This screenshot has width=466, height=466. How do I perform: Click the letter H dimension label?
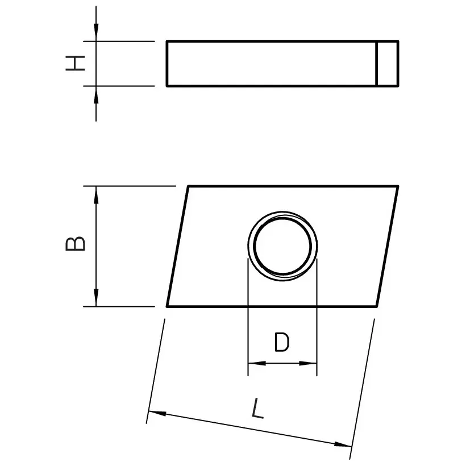click(75, 63)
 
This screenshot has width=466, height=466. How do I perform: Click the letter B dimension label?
click(76, 243)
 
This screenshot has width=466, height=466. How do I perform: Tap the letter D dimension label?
click(281, 343)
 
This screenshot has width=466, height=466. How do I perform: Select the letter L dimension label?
click(258, 409)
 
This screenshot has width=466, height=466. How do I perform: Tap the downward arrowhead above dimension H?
click(97, 34)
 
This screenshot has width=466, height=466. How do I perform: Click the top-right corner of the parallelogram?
click(397, 186)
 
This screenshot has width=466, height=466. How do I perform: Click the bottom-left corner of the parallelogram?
click(167, 306)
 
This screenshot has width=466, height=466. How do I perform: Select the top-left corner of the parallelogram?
click(188, 186)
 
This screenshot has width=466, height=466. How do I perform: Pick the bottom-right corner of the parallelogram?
click(377, 306)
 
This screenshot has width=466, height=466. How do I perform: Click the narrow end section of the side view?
click(388, 64)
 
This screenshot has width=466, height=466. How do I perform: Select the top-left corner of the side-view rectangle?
click(167, 41)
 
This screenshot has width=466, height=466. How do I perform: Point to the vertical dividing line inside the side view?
click(377, 64)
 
